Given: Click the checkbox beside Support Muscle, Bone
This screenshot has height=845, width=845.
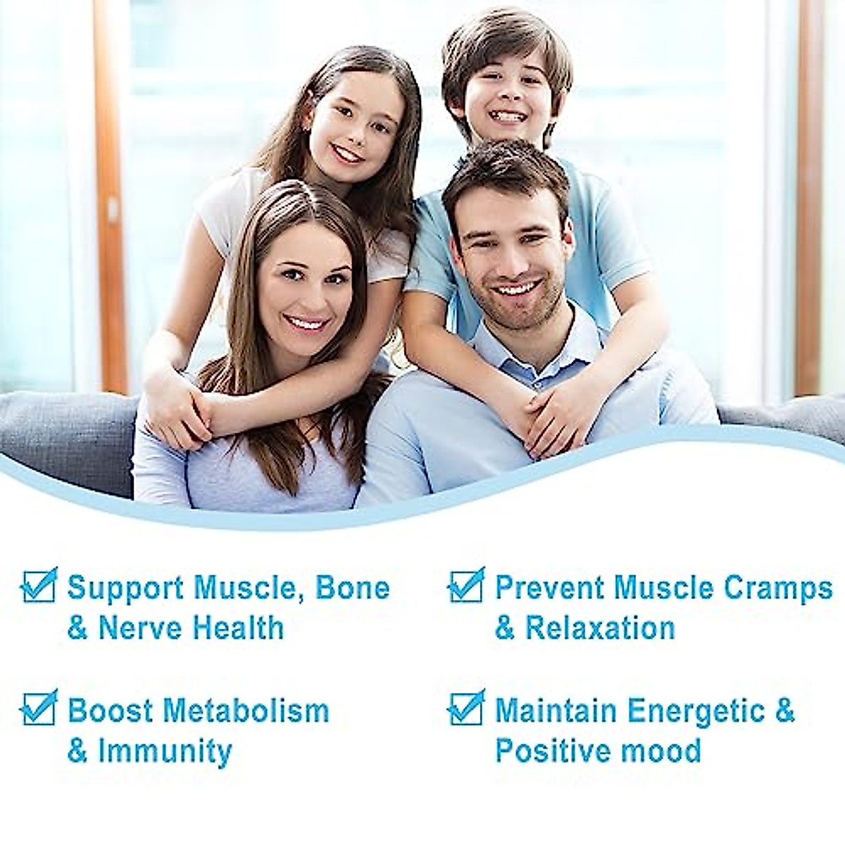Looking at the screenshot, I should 38,586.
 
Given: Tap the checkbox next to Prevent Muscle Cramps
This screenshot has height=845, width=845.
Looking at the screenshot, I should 465,586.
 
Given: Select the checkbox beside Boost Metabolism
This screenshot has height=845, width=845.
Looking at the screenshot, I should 38,708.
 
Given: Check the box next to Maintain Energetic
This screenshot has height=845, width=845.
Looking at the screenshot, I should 465,708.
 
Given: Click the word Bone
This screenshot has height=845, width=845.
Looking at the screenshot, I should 352,588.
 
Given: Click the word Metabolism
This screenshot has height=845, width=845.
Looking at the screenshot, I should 246,711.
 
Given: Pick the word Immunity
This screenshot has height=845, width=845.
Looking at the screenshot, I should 165,751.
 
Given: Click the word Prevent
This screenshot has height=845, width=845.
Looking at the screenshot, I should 550,588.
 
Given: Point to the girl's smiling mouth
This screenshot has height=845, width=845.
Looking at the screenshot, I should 347,154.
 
